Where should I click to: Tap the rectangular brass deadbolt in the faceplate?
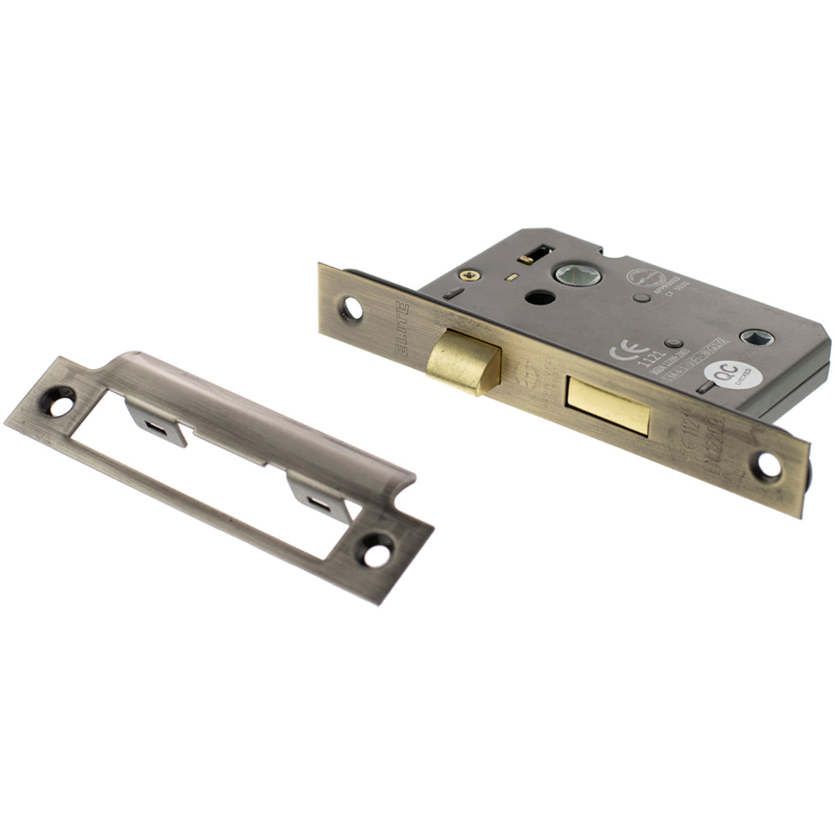click(608, 406)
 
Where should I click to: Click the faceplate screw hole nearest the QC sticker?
click(770, 466)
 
